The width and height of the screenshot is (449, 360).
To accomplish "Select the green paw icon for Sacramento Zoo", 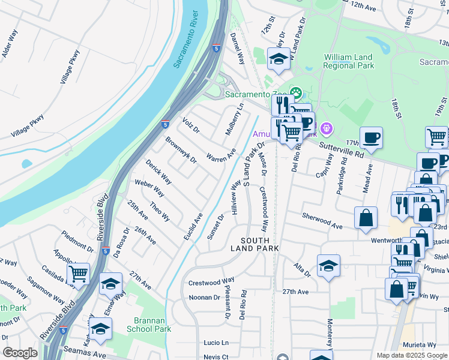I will [x=295, y=93].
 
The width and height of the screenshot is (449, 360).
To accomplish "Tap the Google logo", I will [x=20, y=353].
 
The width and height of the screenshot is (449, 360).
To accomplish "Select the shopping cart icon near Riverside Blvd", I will [x=78, y=274].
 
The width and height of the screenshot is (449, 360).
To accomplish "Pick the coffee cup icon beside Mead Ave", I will [x=371, y=137].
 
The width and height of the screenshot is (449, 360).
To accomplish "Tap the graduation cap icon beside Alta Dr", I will [x=328, y=265].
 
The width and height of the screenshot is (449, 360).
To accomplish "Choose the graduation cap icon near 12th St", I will [x=278, y=59].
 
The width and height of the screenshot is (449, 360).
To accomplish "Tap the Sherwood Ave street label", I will [x=322, y=220].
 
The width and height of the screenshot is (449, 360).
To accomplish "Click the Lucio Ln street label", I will [x=216, y=343].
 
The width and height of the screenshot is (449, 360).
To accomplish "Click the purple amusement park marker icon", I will [x=326, y=127].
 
